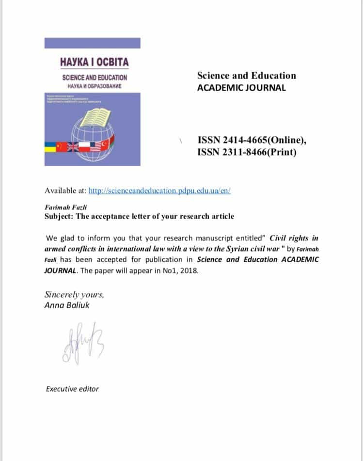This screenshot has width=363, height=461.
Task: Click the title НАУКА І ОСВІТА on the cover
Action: coord(95,62)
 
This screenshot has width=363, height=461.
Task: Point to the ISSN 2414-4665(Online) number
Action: coord(252,141)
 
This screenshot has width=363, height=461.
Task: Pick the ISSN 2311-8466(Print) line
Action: coord(247,152)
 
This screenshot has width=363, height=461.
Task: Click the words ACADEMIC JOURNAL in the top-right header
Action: coord(241,88)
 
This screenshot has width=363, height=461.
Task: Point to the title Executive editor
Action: coord(72,389)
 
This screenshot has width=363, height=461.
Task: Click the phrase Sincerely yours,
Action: coord(74,294)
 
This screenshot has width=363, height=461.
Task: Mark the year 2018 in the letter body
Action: coord(189,270)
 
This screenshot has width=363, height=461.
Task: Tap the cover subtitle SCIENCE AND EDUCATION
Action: coord(95,78)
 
